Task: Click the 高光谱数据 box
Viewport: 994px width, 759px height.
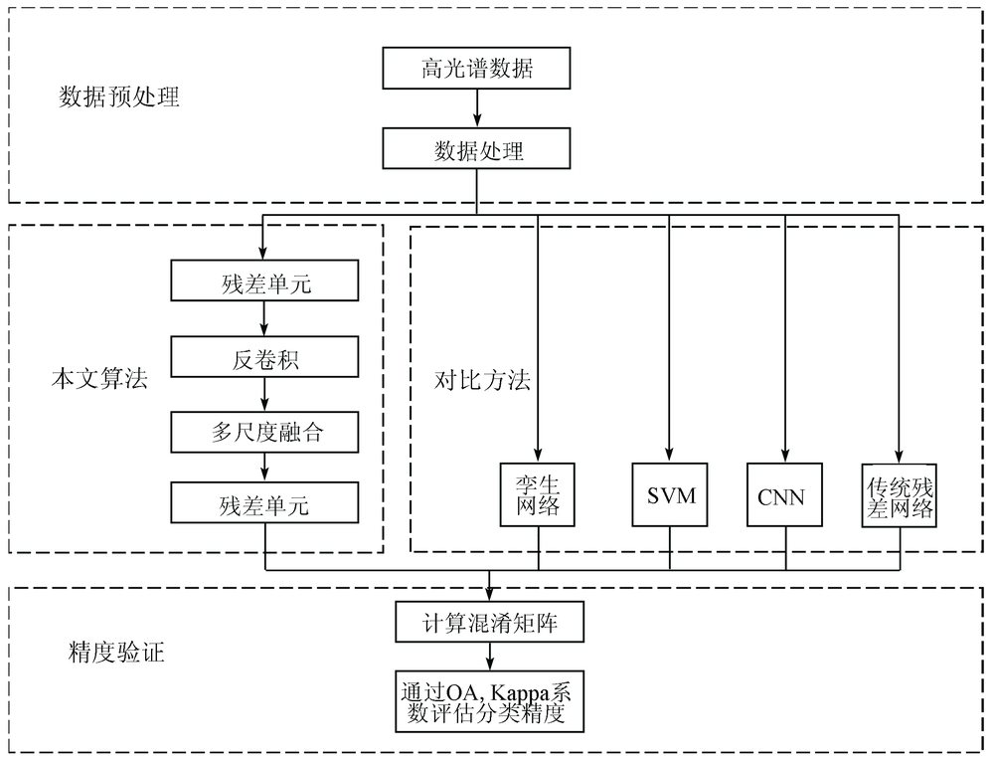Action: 476,68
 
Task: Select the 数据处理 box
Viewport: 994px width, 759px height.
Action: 476,148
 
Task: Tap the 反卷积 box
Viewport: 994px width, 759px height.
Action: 264,357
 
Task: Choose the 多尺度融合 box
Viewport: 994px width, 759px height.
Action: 264,432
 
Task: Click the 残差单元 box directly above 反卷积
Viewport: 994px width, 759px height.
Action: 264,281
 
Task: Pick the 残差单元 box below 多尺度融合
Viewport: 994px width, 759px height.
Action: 264,502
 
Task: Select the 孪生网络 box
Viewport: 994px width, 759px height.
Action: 538,495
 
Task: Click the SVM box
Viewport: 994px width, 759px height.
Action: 670,495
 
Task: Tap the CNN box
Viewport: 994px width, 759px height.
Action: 785,495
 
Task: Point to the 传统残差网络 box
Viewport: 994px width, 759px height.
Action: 900,495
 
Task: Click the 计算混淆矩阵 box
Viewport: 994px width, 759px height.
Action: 489,622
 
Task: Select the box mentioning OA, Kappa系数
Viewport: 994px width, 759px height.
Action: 489,702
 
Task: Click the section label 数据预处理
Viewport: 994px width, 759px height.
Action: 119,96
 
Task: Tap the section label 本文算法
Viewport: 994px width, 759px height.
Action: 99,379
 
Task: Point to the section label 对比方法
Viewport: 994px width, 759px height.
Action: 482,380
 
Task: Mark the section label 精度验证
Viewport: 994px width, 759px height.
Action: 116,652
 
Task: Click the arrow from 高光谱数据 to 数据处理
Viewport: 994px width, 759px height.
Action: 477,107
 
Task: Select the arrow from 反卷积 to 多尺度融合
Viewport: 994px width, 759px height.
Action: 265,394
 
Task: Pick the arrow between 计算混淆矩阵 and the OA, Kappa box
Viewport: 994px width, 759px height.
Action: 489,657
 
